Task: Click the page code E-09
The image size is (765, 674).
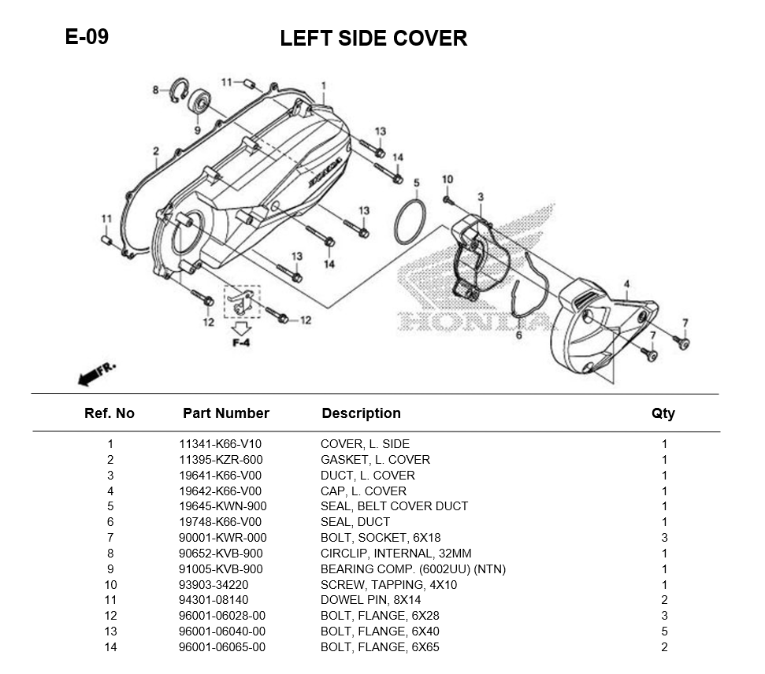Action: click(87, 36)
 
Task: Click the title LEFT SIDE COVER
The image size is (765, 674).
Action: click(373, 38)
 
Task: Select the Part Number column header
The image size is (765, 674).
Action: click(225, 413)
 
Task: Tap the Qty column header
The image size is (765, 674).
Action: click(663, 413)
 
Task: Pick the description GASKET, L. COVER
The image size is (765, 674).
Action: click(375, 460)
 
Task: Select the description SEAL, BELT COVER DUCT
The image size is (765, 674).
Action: click(394, 506)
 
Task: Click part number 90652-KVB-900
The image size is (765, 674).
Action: click(221, 554)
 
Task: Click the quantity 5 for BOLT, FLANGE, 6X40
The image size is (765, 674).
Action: click(664, 631)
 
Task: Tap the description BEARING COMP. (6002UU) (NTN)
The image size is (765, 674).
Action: click(413, 569)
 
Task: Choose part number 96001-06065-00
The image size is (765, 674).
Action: click(222, 647)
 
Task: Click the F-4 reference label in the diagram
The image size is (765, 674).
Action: click(240, 343)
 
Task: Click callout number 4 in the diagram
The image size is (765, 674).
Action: click(626, 283)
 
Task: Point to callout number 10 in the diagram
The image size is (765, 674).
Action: click(447, 180)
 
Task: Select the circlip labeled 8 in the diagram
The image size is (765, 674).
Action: click(180, 92)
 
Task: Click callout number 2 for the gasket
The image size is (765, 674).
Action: click(156, 151)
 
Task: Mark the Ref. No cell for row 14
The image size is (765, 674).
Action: click(110, 647)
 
